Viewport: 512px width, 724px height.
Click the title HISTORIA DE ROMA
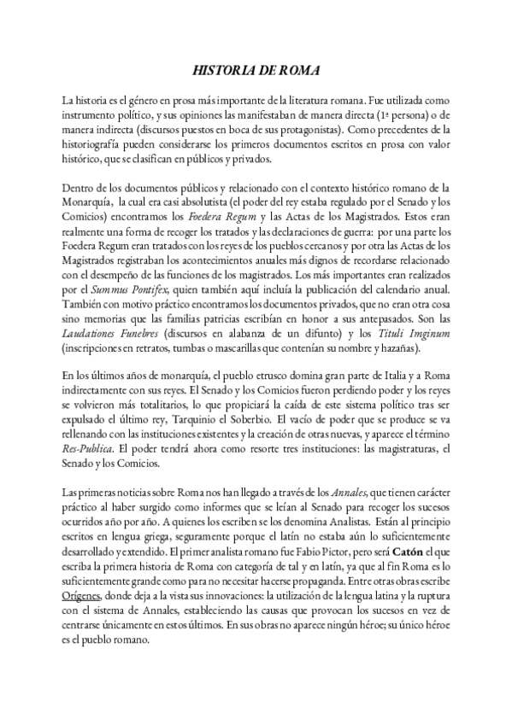click(x=256, y=73)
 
